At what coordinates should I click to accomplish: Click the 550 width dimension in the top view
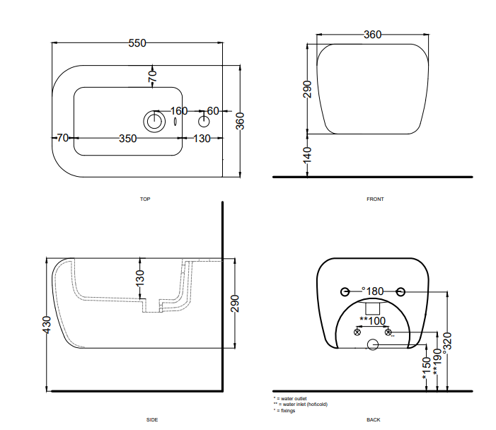137,43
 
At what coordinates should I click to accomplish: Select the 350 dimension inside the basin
127,139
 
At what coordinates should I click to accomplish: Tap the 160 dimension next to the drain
179,111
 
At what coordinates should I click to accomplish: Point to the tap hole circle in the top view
204,120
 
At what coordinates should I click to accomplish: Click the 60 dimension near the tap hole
213,111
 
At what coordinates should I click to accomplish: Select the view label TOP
145,199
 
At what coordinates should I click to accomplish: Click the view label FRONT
375,199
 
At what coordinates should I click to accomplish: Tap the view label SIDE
152,420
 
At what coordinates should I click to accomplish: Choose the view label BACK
374,420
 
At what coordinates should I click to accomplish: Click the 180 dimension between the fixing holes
374,291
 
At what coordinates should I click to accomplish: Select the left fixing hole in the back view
345,291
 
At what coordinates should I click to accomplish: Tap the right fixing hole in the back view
400,291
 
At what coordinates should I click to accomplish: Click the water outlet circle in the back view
372,345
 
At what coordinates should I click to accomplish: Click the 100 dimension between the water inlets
375,321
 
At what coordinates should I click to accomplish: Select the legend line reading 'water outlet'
291,399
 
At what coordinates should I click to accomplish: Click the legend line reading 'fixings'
285,410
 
